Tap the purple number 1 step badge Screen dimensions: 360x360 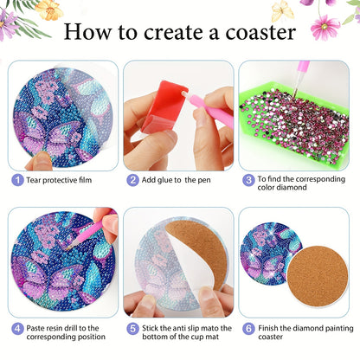(x=16, y=180)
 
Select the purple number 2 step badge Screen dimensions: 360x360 (x=132, y=180)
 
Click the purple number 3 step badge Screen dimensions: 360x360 (x=248, y=180)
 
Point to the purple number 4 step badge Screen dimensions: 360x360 (x=16, y=329)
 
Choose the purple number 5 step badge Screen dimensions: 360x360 (x=132, y=329)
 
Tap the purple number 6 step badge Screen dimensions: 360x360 (x=248, y=329)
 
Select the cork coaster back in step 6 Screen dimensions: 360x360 (x=317, y=276)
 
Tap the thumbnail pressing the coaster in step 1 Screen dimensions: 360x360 (x=40, y=160)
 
